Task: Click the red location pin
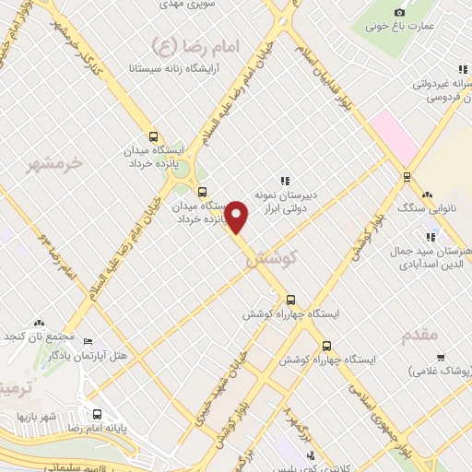point(237,217)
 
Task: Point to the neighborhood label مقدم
point(420,336)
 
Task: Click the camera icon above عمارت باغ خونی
point(399,12)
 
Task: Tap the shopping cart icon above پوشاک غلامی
point(442,358)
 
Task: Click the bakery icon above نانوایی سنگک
point(426,195)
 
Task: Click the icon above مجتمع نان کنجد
point(39,324)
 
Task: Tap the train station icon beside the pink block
point(407,176)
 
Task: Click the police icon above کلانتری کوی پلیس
point(311,454)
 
